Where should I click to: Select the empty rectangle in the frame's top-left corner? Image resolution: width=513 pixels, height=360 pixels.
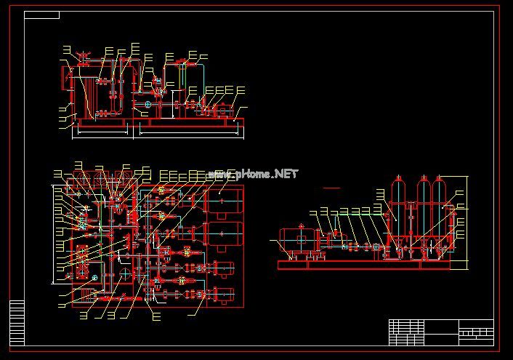tap(42, 15)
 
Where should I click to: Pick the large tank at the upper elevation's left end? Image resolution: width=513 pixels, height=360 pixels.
tap(80, 95)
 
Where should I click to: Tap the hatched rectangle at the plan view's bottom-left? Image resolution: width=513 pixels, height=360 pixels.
tap(86, 294)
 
